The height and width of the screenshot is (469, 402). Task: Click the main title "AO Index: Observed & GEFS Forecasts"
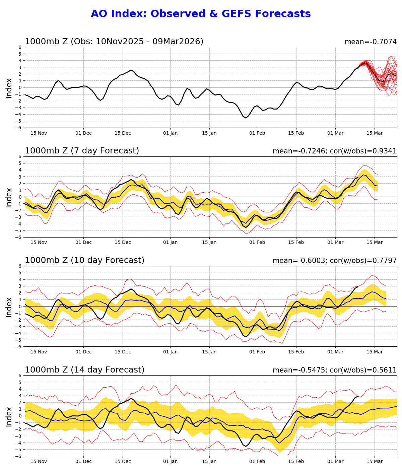[201, 14]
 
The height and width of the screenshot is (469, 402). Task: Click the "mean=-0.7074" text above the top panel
[371, 42]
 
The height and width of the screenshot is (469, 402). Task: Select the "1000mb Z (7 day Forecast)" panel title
[82, 151]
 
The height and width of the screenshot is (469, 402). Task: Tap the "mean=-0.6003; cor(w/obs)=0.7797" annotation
[334, 261]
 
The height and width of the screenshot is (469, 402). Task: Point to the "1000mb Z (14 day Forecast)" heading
[84, 370]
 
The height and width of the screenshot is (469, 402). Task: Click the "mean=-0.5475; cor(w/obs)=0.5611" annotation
[334, 370]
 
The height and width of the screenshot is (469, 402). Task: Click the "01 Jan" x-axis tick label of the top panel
[170, 133]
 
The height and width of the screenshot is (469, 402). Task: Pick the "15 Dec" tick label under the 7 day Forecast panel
[123, 243]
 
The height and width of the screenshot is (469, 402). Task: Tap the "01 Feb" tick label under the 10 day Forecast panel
[257, 352]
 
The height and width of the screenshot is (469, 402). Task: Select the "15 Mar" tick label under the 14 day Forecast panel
[375, 461]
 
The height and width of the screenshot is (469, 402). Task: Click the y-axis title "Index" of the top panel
[9, 88]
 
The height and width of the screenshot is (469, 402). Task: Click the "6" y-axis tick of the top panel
[20, 47]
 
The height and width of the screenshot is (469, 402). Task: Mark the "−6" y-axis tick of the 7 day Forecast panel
[19, 237]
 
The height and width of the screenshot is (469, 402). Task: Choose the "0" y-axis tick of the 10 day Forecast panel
[20, 306]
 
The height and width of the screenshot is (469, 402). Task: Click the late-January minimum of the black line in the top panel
[246, 118]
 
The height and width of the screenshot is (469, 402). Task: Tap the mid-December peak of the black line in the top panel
[131, 70]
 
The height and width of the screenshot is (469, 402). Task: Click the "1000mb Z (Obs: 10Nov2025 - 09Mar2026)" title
[114, 42]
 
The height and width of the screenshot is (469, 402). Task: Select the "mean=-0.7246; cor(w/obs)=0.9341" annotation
[334, 151]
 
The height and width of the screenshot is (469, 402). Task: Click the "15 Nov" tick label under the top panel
[39, 133]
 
